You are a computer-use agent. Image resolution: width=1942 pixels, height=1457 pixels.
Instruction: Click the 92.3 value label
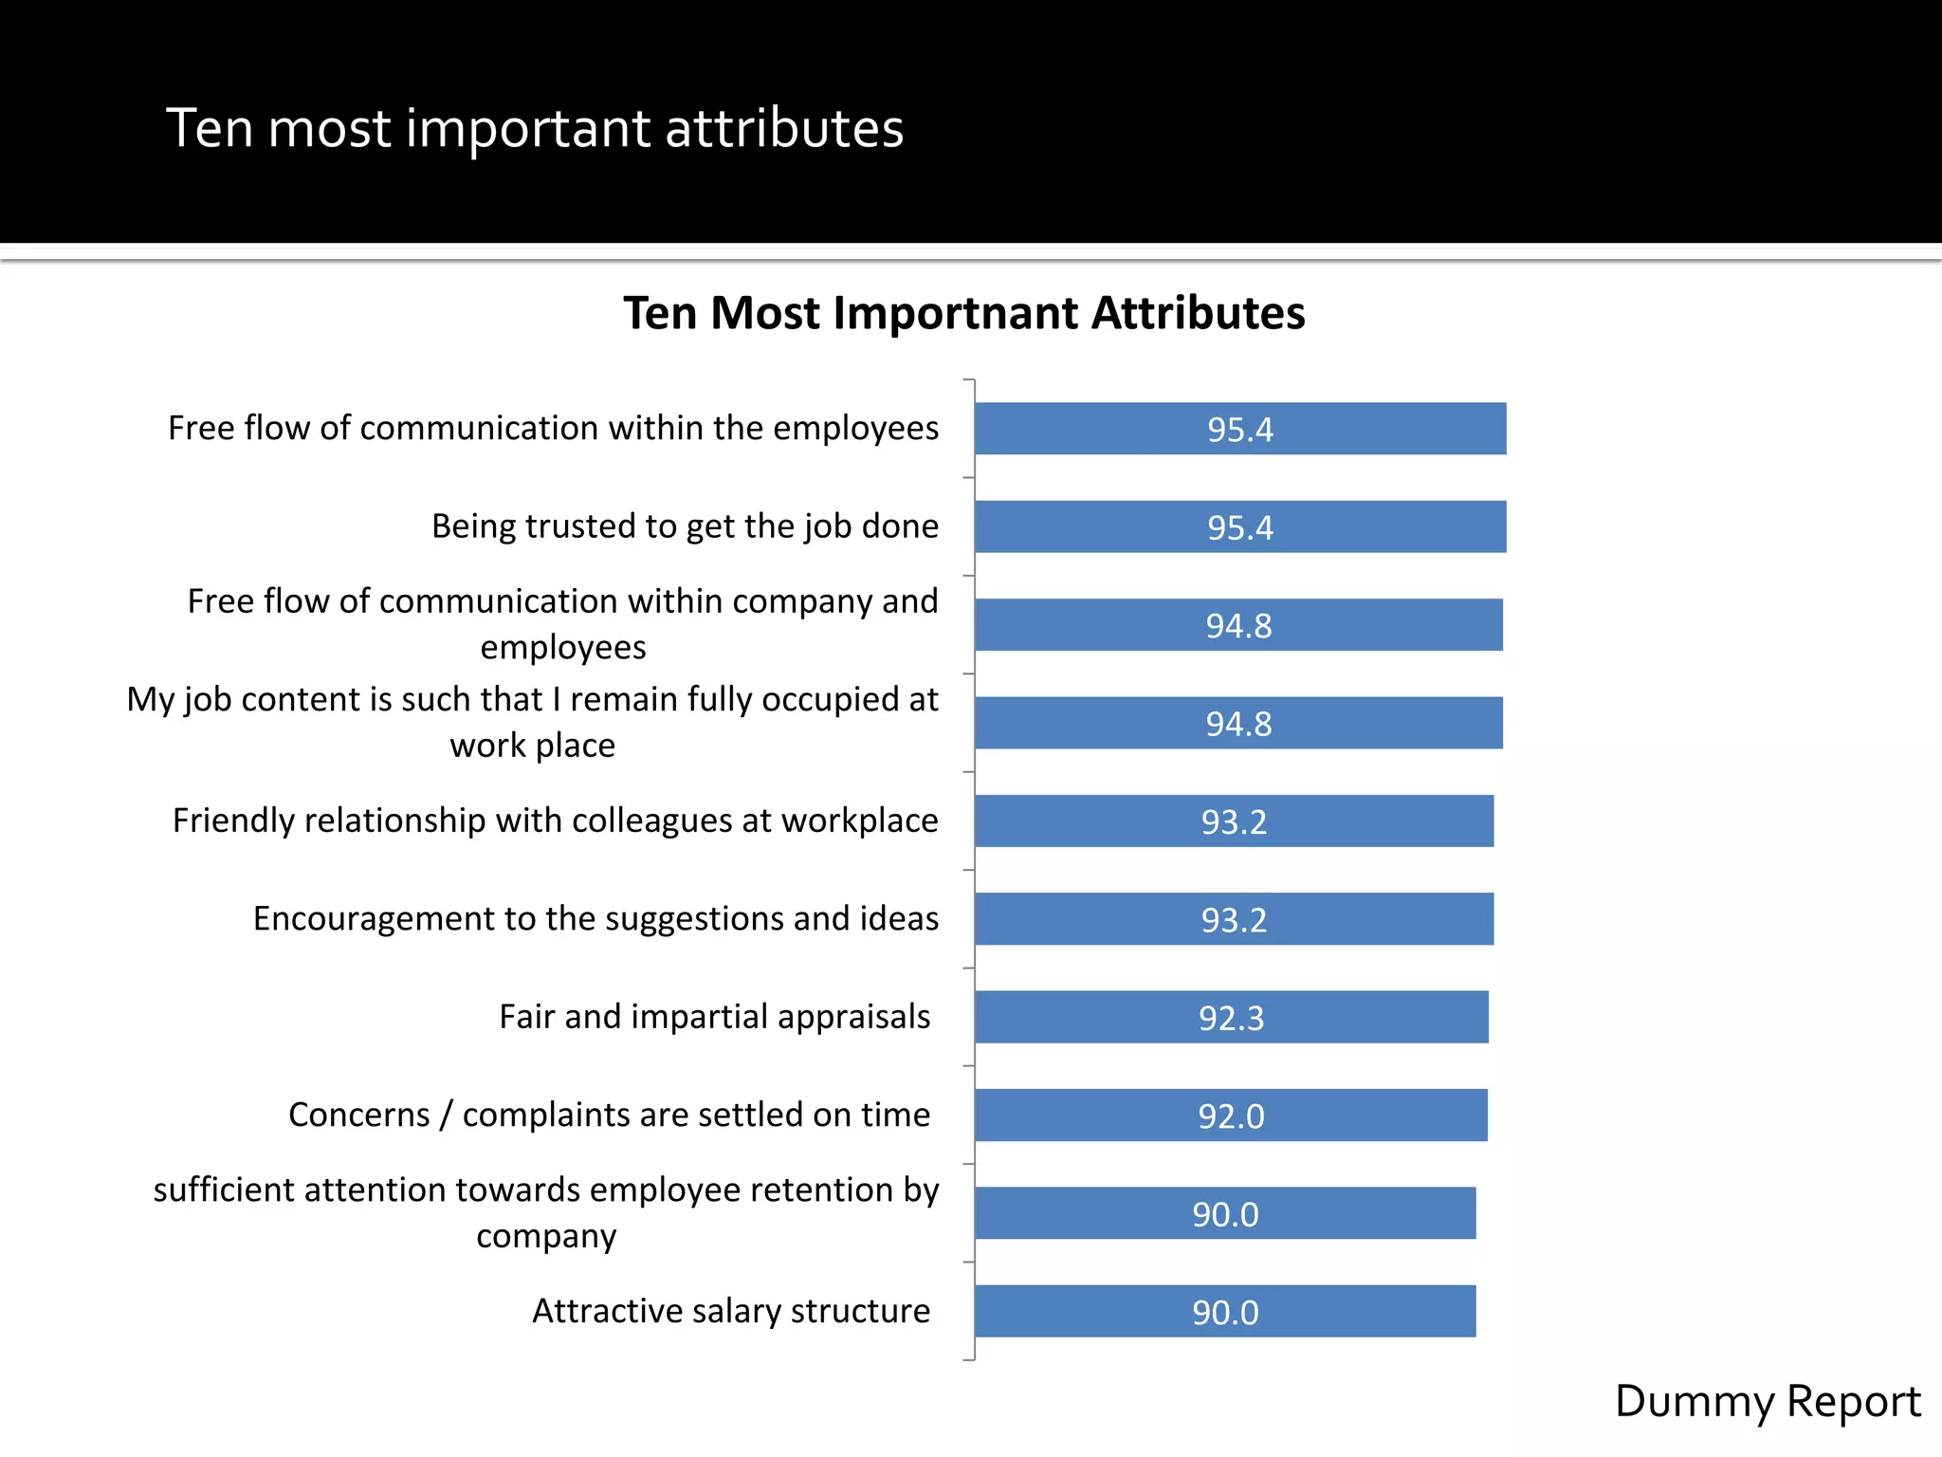click(x=1231, y=1018)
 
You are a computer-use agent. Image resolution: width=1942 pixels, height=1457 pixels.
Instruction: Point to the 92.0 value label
click(x=1231, y=1116)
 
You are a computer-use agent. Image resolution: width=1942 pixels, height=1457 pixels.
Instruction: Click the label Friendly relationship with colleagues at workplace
click(x=555, y=821)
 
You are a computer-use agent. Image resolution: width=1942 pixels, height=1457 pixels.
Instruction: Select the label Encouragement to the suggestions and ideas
click(x=595, y=918)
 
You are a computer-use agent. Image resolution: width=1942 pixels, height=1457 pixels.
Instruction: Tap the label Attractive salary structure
click(x=730, y=1311)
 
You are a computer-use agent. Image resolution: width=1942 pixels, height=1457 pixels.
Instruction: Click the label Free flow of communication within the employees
click(x=553, y=428)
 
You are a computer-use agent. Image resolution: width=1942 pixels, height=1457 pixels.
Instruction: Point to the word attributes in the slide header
click(x=784, y=128)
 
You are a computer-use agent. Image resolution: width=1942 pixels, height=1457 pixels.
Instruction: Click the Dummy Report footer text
click(x=1767, y=1401)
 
